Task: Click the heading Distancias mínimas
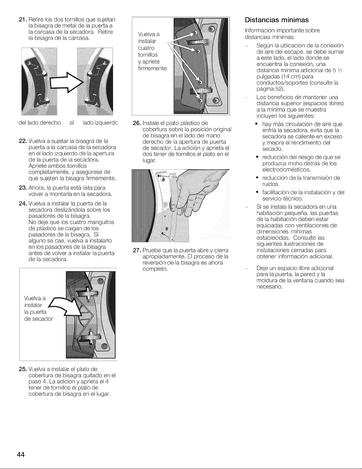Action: (277, 20)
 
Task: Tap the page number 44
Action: (21, 455)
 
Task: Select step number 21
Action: (23, 20)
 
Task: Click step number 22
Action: (23, 141)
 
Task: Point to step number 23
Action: (23, 188)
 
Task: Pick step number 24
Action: (23, 204)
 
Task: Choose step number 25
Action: (23, 369)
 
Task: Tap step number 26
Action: (137, 123)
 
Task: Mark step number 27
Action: (137, 250)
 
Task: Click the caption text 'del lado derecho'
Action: (40, 123)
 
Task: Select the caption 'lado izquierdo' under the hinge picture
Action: (100, 123)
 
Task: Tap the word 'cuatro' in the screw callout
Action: (146, 48)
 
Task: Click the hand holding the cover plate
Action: (192, 194)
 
